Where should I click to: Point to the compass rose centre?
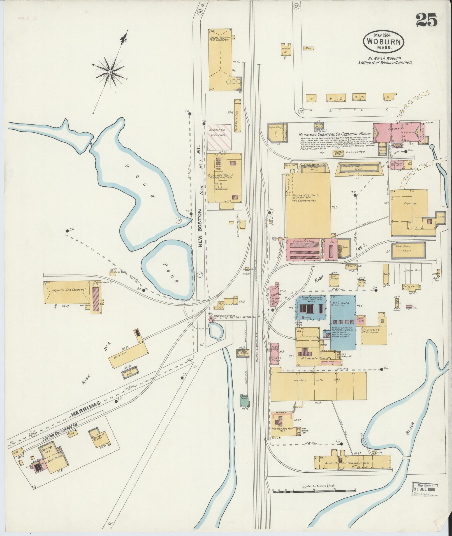pos(110,72)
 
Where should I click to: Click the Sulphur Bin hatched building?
pos(220,137)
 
